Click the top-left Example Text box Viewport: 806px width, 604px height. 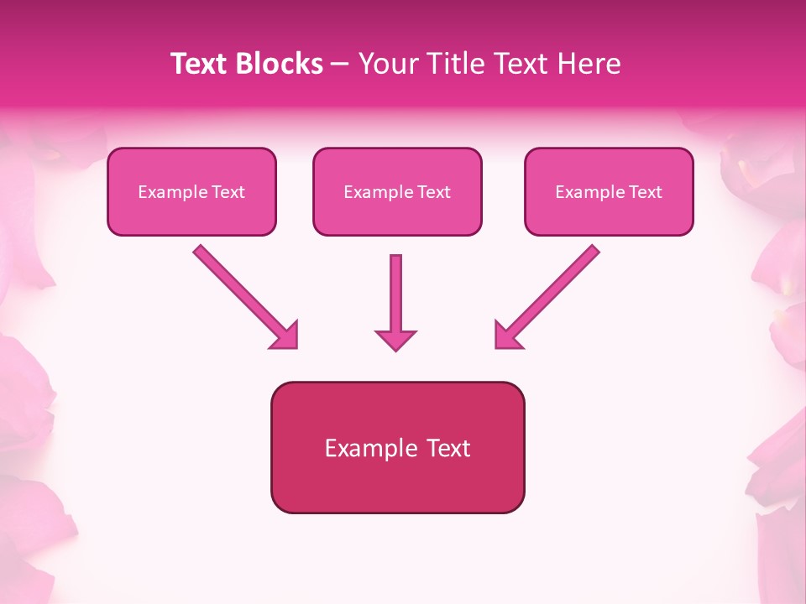(191, 191)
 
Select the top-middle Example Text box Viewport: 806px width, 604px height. (397, 191)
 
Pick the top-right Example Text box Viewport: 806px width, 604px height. (609, 191)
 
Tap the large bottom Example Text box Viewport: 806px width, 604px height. (397, 447)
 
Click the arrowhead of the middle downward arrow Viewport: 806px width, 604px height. (395, 340)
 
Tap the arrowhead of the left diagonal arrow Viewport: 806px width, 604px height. (285, 336)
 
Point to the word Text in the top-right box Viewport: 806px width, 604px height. (644, 192)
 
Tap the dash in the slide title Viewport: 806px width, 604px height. (340, 65)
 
